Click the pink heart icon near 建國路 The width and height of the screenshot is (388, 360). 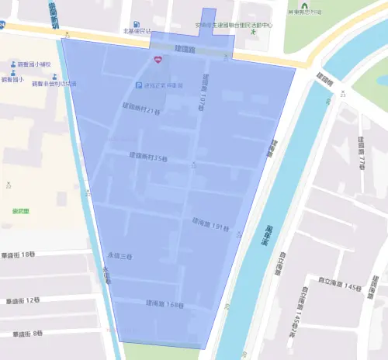pos(158,59)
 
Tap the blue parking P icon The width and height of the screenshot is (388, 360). pos(139,85)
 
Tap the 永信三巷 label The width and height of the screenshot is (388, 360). pos(119,255)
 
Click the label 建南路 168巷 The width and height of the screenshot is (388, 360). pos(165,304)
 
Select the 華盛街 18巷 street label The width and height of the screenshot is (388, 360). pos(19,254)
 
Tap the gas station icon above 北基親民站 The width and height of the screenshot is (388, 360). pos(137,24)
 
